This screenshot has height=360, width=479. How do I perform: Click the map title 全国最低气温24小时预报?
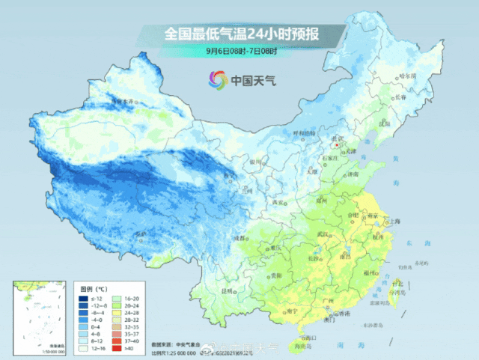239,34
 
